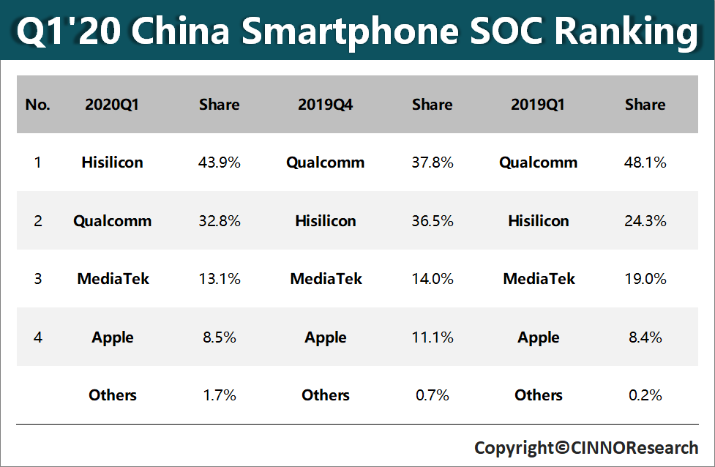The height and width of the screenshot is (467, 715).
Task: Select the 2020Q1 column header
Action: click(112, 105)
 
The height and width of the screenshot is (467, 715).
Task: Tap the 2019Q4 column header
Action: click(326, 105)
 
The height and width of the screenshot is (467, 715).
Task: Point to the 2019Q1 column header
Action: click(538, 105)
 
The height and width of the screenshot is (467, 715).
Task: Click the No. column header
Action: click(37, 105)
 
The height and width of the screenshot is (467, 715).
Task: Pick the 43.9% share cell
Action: click(220, 162)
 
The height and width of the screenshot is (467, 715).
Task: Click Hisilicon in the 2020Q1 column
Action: click(112, 162)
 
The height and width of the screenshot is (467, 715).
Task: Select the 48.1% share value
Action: click(645, 162)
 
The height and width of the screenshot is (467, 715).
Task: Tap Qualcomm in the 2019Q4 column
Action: click(326, 162)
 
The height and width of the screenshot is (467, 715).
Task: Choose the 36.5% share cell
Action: click(433, 220)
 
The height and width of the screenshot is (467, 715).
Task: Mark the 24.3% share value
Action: click(645, 220)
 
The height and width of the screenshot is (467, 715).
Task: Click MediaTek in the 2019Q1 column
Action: click(539, 279)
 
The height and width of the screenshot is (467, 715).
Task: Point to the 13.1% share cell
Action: click(220, 279)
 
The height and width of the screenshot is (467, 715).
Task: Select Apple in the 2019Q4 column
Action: click(326, 337)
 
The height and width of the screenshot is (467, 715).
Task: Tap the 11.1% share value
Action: click(433, 337)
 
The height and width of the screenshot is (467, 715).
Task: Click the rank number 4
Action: click(37, 337)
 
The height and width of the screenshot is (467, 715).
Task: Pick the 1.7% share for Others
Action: click(220, 395)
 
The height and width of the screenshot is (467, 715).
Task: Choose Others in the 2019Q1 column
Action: click(539, 395)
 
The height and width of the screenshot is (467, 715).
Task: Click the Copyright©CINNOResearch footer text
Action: click(586, 447)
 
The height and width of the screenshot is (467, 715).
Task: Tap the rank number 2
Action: click(37, 220)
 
